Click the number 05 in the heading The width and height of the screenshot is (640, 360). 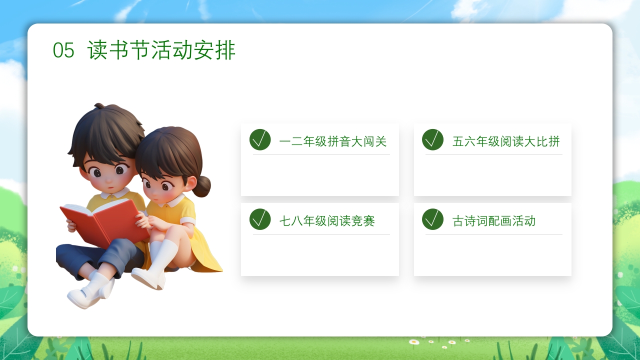point(63,50)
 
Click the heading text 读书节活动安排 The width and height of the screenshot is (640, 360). point(161,50)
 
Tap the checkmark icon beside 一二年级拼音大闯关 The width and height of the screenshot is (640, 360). point(260,139)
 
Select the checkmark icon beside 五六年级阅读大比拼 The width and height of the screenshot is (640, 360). point(432,139)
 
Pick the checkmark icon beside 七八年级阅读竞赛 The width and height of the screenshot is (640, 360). point(260,219)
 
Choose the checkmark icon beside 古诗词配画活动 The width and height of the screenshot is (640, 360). point(432,219)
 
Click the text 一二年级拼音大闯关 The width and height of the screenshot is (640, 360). point(333,141)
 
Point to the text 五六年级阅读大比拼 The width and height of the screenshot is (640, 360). point(506,141)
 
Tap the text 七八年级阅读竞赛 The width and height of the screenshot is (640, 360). point(327,221)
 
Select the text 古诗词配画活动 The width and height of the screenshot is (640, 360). point(494,221)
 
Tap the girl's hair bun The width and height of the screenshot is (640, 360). point(203,186)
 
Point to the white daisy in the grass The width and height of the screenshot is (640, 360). point(414,342)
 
